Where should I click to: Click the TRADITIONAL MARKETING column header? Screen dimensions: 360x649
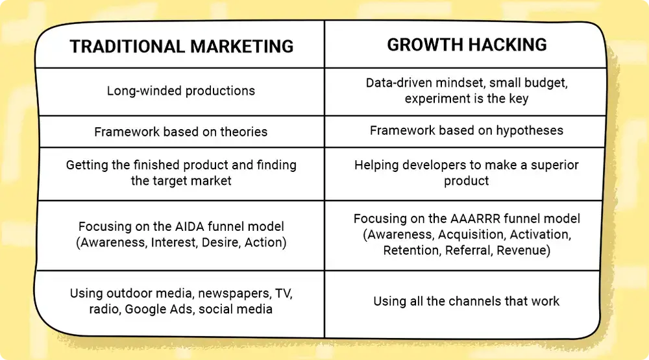coord(181,47)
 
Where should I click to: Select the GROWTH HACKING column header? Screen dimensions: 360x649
coord(467,45)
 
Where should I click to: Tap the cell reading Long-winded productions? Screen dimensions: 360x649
coord(181,91)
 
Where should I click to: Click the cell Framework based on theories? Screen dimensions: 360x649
coord(181,132)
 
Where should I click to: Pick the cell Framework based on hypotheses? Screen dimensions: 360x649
coord(467,130)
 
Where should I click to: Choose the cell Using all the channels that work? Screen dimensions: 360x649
coord(467,301)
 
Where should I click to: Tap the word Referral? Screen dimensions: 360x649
coord(470,250)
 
